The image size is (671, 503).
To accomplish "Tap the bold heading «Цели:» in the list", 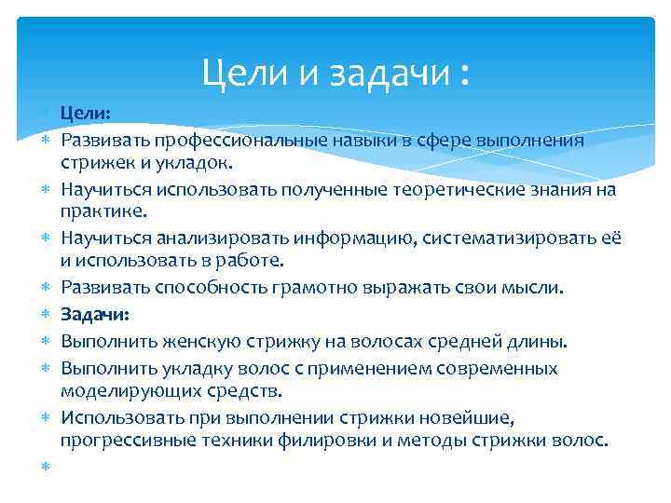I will tap(86, 114).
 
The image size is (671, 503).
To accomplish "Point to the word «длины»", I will tap(522, 339).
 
